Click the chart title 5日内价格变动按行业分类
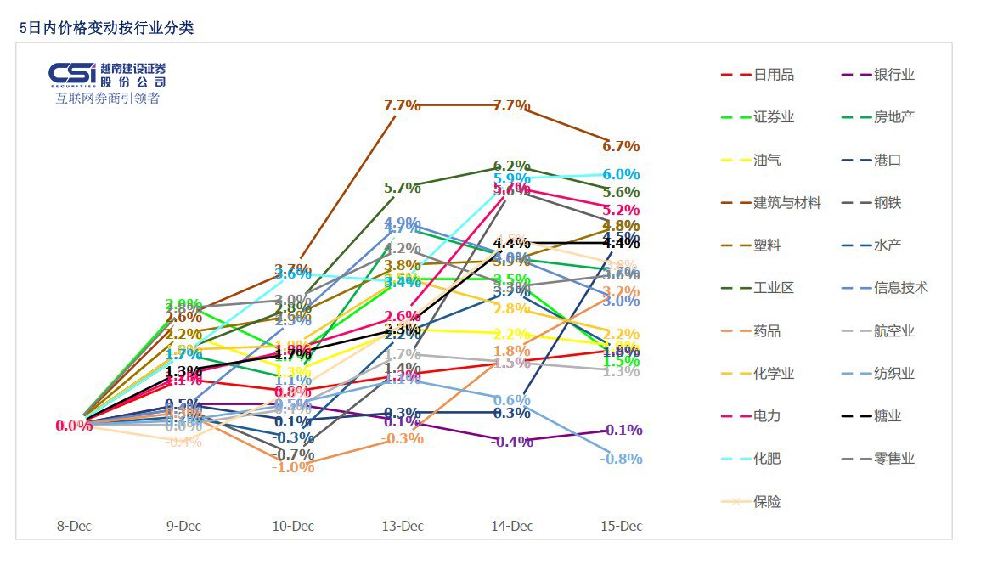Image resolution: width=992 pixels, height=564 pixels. coord(106,28)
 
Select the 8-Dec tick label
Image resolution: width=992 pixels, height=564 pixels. coord(74,526)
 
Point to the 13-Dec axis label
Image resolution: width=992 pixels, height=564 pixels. coord(403,526)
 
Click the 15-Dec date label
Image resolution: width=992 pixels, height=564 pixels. coord(622,526)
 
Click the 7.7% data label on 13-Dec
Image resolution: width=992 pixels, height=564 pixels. coord(403,105)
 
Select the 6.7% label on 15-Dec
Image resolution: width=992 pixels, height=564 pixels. coord(621,146)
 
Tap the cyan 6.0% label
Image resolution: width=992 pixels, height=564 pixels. coord(621,174)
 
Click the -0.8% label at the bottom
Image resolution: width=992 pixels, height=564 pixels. coord(621,459)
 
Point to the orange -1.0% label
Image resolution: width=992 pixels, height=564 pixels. coord(293,467)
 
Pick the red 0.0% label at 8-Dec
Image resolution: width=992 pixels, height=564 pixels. coord(74,426)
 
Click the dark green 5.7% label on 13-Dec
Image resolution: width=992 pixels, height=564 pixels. coord(403,189)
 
